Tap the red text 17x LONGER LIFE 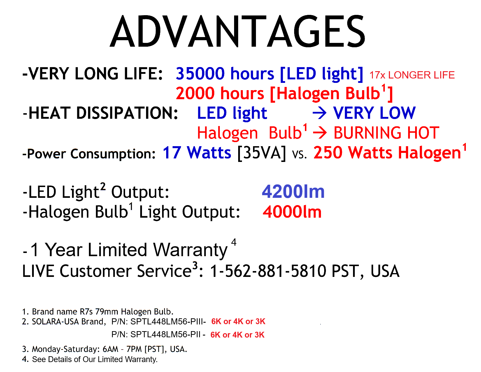pyautogui.click(x=412, y=75)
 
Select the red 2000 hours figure pyautogui.click(x=220, y=93)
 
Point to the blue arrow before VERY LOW pyautogui.click(x=320, y=113)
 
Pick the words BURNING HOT pyautogui.click(x=386, y=133)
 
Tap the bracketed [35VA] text pyautogui.click(x=261, y=153)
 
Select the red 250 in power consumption pyautogui.click(x=328, y=153)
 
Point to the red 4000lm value pyautogui.click(x=292, y=212)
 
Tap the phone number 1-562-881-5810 pyautogui.click(x=268, y=271)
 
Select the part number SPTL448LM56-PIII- pyautogui.click(x=168, y=321)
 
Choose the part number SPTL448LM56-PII pyautogui.click(x=165, y=334)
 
